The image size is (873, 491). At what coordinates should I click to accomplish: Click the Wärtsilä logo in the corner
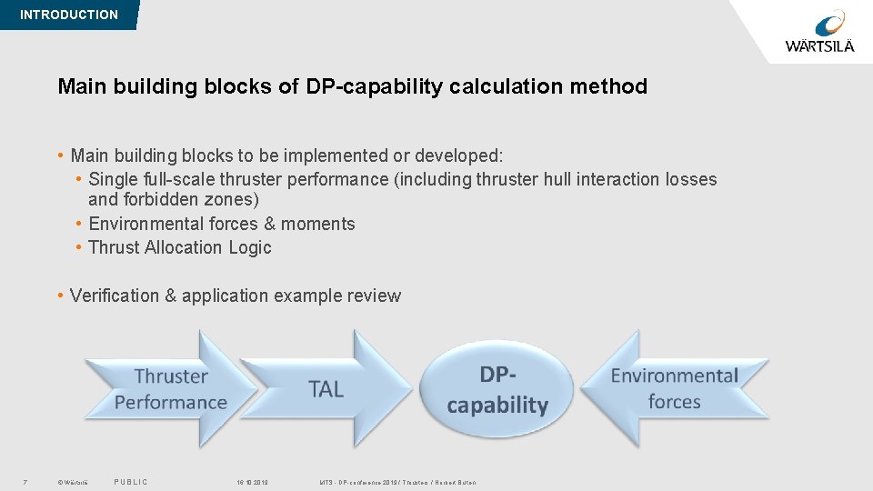pos(819,32)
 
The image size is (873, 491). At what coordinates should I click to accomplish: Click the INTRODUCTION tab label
pos(68,15)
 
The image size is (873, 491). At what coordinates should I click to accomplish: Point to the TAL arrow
pos(327,389)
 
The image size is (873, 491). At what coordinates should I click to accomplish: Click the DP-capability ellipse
pos(497,389)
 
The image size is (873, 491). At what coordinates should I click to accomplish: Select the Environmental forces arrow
pos(675,389)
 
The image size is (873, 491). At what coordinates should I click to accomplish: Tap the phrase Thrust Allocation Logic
pos(180,247)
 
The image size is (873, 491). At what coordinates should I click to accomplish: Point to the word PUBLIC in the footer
pos(131,482)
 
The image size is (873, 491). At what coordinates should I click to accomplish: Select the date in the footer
pos(252,482)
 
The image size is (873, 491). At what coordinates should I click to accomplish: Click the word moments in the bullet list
pos(317,224)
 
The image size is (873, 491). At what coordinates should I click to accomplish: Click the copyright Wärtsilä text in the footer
pos(72,482)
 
